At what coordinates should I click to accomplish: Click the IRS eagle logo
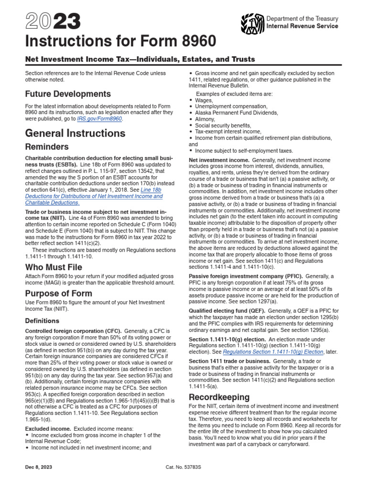[252, 22]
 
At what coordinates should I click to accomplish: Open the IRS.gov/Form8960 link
[103, 119]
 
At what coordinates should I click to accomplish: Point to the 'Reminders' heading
[47, 147]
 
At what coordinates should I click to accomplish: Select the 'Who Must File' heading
[54, 267]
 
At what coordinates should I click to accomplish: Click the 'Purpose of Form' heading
[59, 293]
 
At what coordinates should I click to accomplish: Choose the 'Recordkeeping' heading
[219, 397]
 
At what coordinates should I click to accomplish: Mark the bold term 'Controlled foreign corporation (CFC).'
[73, 331]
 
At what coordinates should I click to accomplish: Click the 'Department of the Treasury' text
[302, 19]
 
